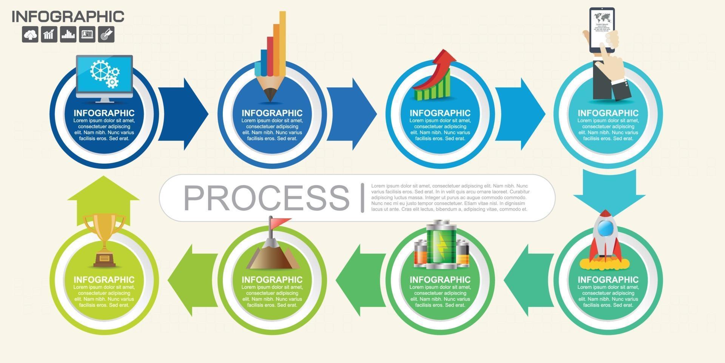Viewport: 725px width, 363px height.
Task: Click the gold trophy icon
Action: [x=104, y=238]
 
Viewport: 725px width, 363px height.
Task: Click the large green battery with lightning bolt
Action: [x=441, y=244]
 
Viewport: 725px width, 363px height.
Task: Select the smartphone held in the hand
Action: [x=602, y=29]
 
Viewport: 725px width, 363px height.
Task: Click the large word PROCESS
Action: [x=266, y=198]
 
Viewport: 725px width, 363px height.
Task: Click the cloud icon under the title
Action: [x=30, y=35]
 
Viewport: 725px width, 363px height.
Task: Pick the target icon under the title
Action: [x=106, y=35]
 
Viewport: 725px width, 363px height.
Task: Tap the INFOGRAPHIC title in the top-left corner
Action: [x=68, y=16]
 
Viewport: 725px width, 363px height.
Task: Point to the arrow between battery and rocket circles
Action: [x=529, y=280]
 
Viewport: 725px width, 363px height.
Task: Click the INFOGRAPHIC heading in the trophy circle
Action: [x=104, y=280]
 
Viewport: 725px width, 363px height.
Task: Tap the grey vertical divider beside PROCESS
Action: [x=362, y=198]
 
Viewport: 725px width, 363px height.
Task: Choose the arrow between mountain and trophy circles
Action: [x=193, y=280]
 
